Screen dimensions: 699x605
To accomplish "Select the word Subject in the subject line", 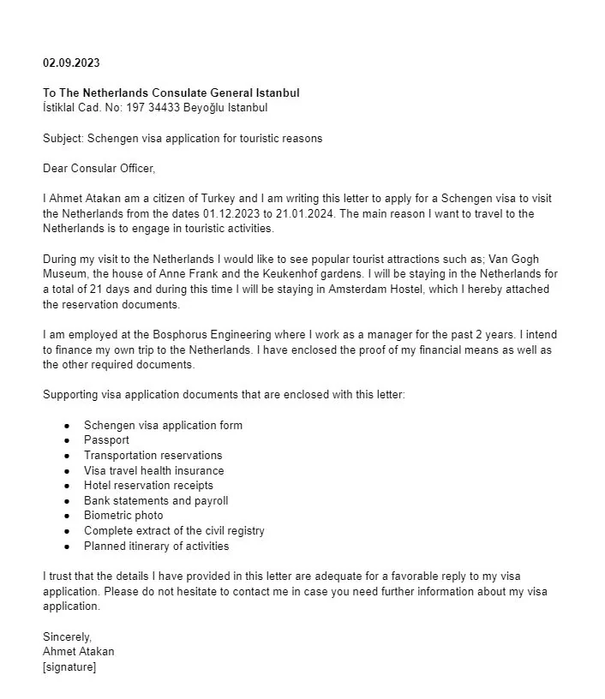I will pos(62,138).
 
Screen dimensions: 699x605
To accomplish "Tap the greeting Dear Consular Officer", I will pos(99,168).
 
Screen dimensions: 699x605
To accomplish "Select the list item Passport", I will pos(106,440).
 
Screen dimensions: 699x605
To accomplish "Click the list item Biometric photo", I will pos(123,516).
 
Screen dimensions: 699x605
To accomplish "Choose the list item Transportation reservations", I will pos(153,455).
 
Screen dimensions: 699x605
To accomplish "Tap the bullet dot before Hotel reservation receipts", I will pos(65,486).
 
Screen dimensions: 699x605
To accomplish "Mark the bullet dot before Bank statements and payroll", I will pos(65,500).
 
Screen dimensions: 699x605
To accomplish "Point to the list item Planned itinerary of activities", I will pos(156,546).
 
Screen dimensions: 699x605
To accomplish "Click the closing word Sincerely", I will pos(67,636).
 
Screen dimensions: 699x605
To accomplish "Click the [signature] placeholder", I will pos(69,666).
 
